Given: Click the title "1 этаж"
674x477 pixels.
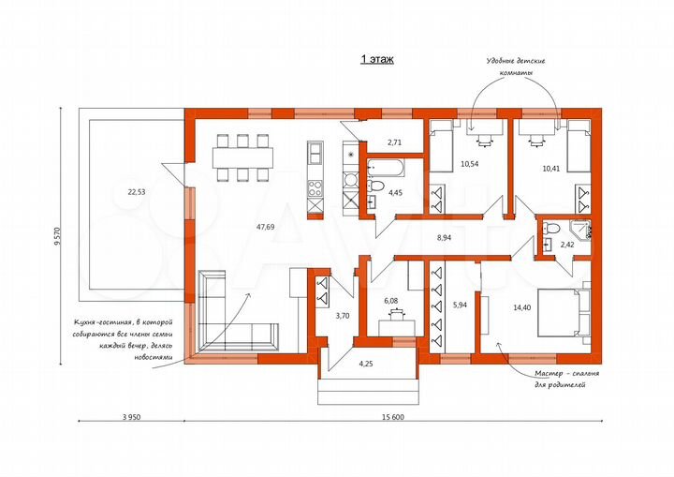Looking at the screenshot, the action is click(x=376, y=59).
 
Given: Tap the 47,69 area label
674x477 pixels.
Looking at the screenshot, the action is click(x=265, y=227).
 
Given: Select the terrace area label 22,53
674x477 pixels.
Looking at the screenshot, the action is click(x=137, y=192).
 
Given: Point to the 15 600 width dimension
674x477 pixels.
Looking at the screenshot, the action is click(x=393, y=417).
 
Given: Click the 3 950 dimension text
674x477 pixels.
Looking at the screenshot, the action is click(x=132, y=417).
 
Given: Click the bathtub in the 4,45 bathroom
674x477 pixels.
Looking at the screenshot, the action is click(x=386, y=168).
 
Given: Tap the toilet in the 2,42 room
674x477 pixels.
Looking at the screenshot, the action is click(x=550, y=227).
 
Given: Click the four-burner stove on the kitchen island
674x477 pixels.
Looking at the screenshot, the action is click(x=315, y=187).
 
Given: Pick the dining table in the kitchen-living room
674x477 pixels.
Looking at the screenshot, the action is click(x=242, y=157).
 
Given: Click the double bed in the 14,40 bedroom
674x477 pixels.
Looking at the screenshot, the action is click(x=564, y=313).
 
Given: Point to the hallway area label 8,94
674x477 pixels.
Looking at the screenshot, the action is click(x=444, y=237).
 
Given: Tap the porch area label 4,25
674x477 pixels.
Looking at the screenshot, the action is click(x=366, y=364).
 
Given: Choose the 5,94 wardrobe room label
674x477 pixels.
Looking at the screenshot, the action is click(x=460, y=305).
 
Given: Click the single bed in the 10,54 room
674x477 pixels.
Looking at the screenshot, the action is click(x=441, y=146).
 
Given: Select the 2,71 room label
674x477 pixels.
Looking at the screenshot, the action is click(x=394, y=142).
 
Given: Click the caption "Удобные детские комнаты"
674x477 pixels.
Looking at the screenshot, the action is click(x=516, y=67).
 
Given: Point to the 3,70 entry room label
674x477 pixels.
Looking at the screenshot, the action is click(x=343, y=316).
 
